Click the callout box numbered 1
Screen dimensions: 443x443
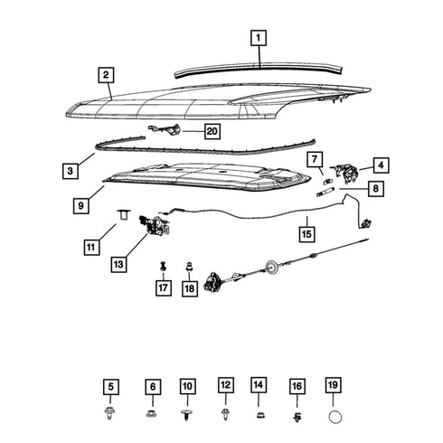tap(259, 38)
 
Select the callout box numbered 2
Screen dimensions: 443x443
tap(106, 75)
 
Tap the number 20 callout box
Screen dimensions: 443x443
tap(212, 131)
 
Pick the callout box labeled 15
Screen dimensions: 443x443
tap(306, 234)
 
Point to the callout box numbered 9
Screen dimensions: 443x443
tap(80, 205)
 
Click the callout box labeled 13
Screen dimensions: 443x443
tap(118, 264)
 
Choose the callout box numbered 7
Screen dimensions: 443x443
tap(315, 159)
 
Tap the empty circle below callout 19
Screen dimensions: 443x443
tap(335, 418)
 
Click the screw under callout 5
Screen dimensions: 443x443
tap(109, 413)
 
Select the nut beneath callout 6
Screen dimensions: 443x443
tap(151, 413)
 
